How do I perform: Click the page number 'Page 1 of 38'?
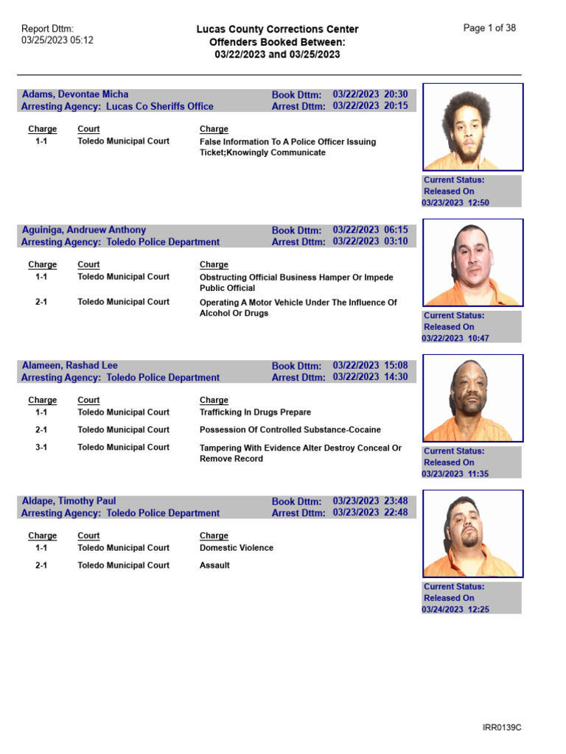tap(489, 28)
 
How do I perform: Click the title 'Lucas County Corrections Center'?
tap(277, 29)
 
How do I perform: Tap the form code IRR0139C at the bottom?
tap(502, 728)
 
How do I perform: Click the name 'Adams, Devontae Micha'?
tap(75, 94)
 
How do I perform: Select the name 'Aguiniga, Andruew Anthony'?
tap(84, 230)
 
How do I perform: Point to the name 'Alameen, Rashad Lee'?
tap(70, 365)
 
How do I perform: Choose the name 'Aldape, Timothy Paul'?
tap(69, 501)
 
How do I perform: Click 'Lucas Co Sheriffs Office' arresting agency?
tap(160, 106)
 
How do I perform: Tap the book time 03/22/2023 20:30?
tap(370, 94)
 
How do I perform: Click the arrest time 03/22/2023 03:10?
tap(370, 242)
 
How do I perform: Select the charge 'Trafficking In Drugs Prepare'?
tap(255, 412)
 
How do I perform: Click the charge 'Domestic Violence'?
tap(236, 548)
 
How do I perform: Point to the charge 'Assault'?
tap(214, 565)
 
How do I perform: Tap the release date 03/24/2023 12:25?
tap(455, 609)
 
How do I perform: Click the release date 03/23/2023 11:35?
tap(455, 473)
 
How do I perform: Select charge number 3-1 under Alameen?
tap(42, 448)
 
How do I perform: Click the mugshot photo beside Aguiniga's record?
tap(472, 262)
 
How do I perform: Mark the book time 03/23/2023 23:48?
tap(370, 501)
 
